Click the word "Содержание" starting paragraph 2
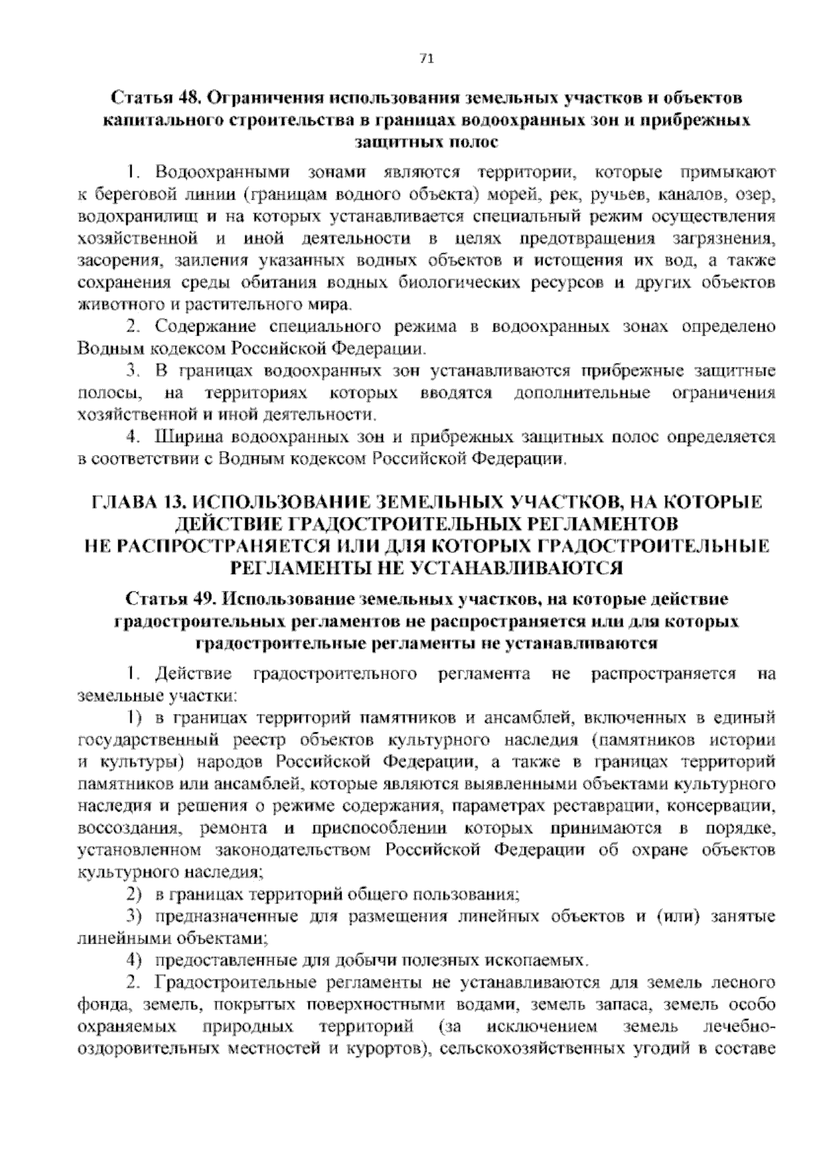click(196, 327)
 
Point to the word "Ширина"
click(183, 437)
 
